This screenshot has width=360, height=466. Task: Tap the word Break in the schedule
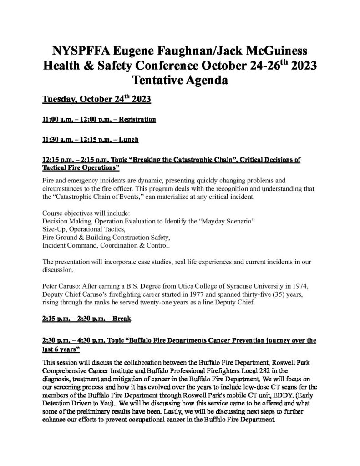pyautogui.click(x=121, y=319)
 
